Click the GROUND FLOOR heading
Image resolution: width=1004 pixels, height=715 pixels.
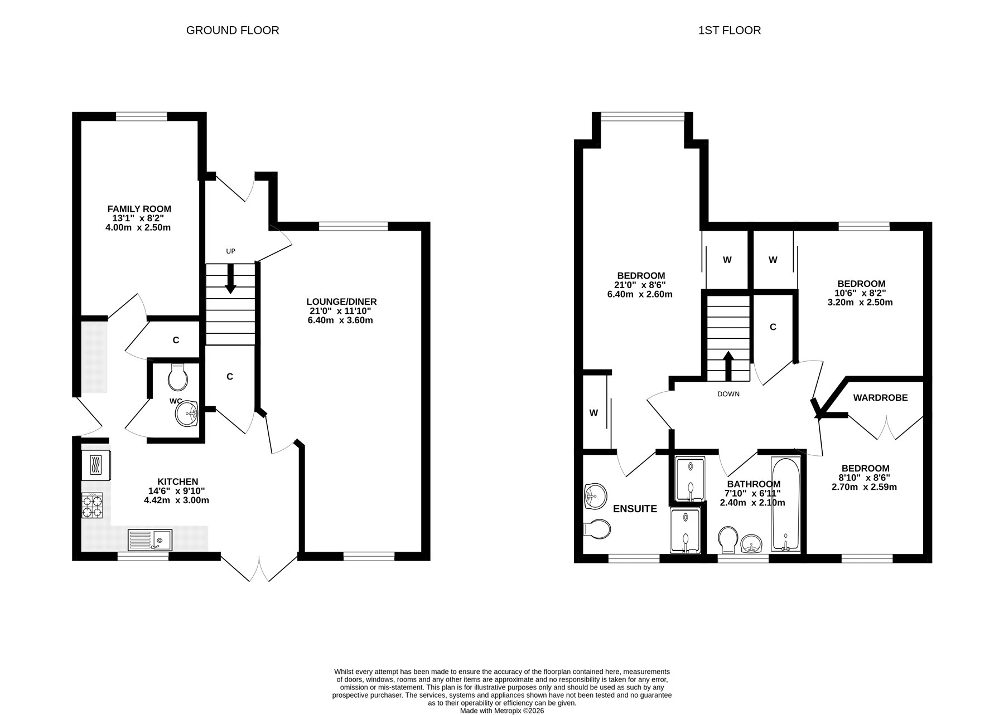click(233, 31)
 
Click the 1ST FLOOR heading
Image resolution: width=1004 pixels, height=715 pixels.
click(730, 31)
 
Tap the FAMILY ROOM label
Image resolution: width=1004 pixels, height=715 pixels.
click(139, 209)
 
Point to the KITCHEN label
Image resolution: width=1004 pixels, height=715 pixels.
click(177, 481)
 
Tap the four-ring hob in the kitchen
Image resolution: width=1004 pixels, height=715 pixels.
click(93, 505)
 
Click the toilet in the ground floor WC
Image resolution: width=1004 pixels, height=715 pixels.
click(177, 377)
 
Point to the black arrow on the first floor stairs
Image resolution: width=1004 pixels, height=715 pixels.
click(728, 366)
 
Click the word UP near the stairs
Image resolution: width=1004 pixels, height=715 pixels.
click(230, 251)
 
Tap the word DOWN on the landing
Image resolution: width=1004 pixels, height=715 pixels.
click(728, 394)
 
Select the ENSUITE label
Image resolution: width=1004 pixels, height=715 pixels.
click(635, 509)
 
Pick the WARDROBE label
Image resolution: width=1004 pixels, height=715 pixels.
click(880, 398)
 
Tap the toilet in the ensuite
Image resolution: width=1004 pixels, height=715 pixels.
click(597, 528)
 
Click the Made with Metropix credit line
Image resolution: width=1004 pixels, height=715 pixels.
click(502, 711)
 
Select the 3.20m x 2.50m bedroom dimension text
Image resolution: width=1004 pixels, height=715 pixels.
click(860, 303)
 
